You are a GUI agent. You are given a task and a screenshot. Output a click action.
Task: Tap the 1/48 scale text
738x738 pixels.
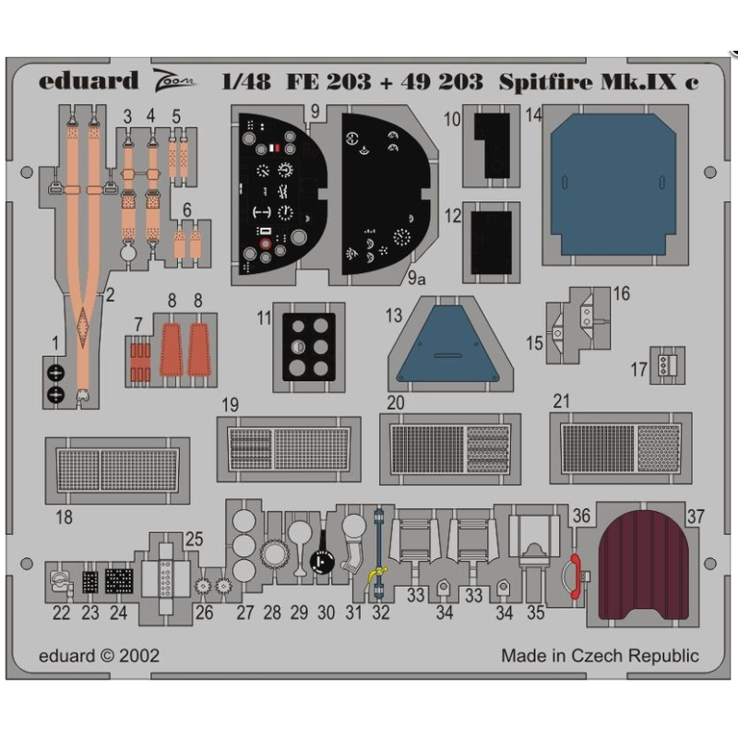tap(246, 81)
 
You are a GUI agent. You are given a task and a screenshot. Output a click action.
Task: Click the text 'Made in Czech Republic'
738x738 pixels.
tap(600, 656)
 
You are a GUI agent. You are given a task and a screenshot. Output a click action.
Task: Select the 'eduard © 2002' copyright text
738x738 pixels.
tap(100, 656)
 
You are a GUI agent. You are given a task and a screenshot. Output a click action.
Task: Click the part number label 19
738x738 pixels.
tap(230, 405)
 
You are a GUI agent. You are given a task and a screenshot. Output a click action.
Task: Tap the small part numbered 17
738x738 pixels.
tap(664, 366)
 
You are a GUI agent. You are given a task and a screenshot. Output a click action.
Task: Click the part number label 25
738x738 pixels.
tap(193, 539)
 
